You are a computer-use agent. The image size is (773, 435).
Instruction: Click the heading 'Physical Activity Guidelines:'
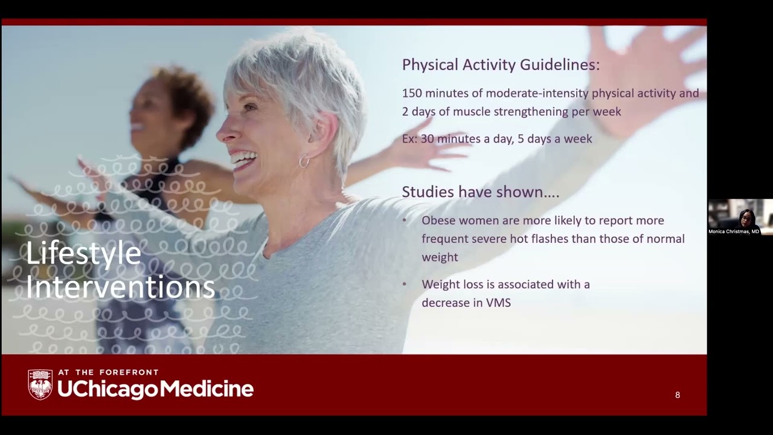(501, 65)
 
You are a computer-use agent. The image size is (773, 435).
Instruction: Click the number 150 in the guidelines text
(412, 94)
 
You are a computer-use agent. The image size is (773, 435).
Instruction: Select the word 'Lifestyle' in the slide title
(83, 254)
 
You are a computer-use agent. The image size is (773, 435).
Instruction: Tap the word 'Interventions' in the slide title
(120, 287)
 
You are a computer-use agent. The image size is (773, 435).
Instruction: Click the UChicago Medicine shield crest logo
(40, 384)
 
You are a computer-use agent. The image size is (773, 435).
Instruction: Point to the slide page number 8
(678, 395)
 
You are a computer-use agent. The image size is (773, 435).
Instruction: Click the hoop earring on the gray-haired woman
(304, 161)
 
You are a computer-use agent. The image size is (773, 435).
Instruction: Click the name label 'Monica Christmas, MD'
(734, 231)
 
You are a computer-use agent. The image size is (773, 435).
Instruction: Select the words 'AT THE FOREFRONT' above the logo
(108, 373)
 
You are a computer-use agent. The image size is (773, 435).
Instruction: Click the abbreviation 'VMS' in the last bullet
(498, 303)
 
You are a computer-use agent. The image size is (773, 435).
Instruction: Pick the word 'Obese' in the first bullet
(437, 221)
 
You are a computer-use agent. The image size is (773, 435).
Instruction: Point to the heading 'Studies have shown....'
(480, 192)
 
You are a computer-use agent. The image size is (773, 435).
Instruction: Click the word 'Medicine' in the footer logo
(206, 389)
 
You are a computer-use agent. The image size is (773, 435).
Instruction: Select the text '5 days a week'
(554, 139)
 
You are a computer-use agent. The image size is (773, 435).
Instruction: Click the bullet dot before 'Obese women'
(405, 221)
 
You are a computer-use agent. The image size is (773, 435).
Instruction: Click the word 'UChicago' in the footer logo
(107, 390)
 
